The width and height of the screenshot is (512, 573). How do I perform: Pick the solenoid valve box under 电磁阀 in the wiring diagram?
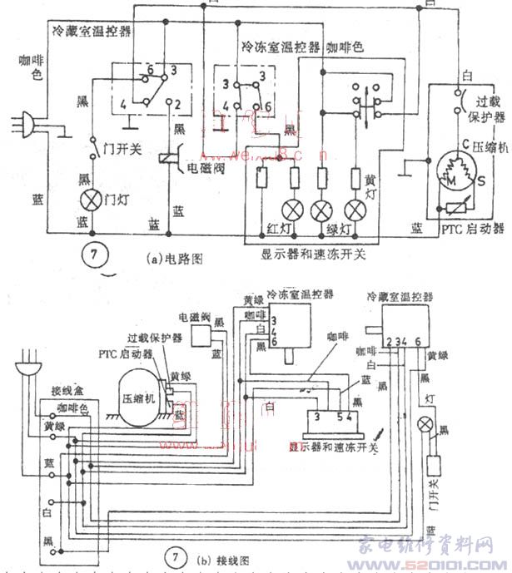click(203, 334)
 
